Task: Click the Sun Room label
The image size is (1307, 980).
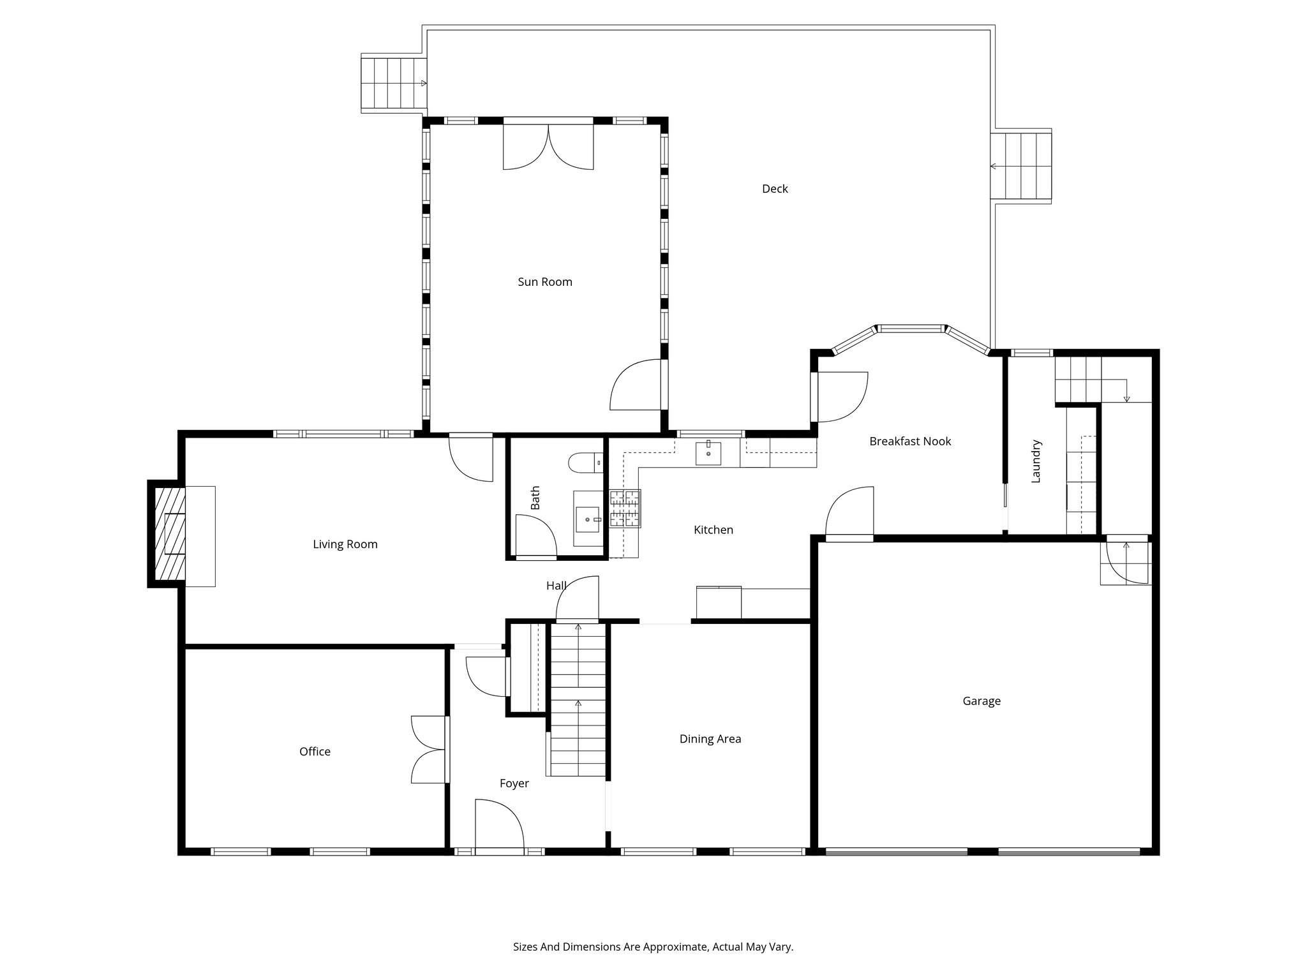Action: (x=544, y=282)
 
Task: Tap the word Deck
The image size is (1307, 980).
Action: (x=775, y=189)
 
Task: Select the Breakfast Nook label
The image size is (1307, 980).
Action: (x=909, y=442)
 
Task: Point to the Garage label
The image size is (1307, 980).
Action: (x=981, y=701)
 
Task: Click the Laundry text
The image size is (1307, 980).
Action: (x=1036, y=461)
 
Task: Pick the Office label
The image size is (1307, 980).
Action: (x=315, y=752)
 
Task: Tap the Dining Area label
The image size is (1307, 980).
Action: (x=710, y=739)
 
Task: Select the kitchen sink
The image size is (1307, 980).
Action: (x=708, y=452)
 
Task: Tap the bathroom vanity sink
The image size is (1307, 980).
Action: (x=588, y=519)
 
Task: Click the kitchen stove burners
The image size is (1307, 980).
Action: (x=625, y=509)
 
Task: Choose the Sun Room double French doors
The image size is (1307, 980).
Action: (x=548, y=146)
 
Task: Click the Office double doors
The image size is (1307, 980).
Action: (x=429, y=750)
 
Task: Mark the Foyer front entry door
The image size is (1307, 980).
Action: (x=499, y=826)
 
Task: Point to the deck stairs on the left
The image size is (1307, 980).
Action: (x=393, y=84)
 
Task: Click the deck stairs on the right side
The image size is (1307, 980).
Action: (x=1021, y=167)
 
